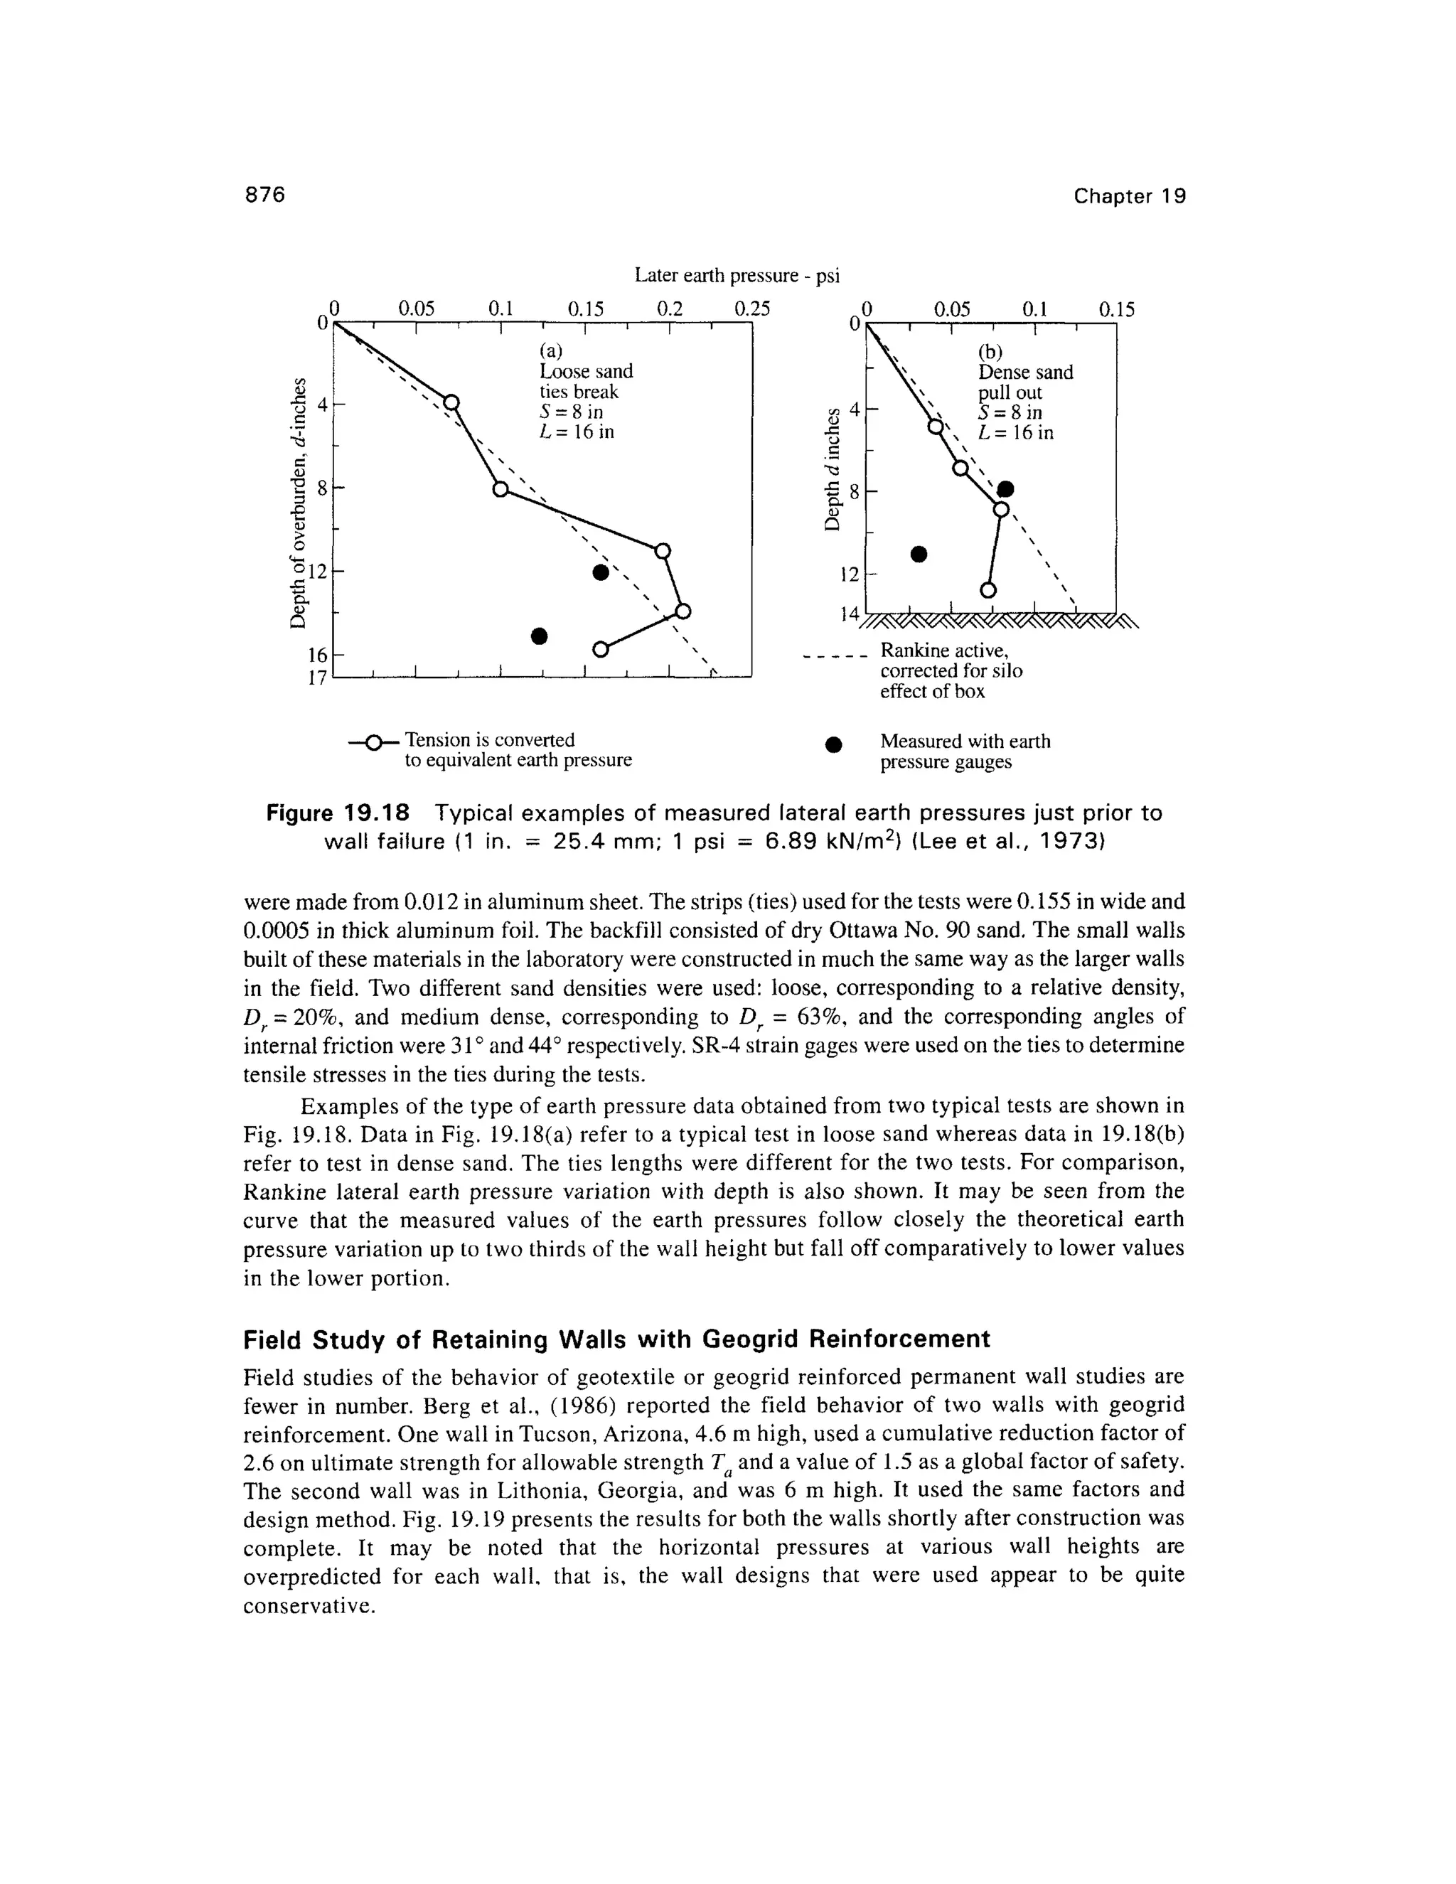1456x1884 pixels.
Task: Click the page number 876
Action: point(264,195)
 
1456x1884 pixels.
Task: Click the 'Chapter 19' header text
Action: point(1130,197)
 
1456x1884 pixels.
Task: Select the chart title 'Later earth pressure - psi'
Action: point(737,275)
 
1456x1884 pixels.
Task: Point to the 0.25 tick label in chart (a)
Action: point(751,308)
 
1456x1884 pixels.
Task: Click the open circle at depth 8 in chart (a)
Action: point(500,489)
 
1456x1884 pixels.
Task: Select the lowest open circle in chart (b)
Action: point(988,590)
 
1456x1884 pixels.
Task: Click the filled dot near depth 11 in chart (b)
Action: point(919,553)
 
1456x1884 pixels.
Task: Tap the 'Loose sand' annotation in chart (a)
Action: point(586,371)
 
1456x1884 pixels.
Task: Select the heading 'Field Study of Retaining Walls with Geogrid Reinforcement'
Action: point(616,1339)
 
